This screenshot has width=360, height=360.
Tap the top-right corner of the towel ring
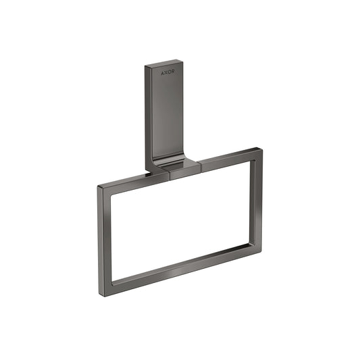[x=258, y=150]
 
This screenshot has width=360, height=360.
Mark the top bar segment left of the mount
[x=132, y=178]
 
